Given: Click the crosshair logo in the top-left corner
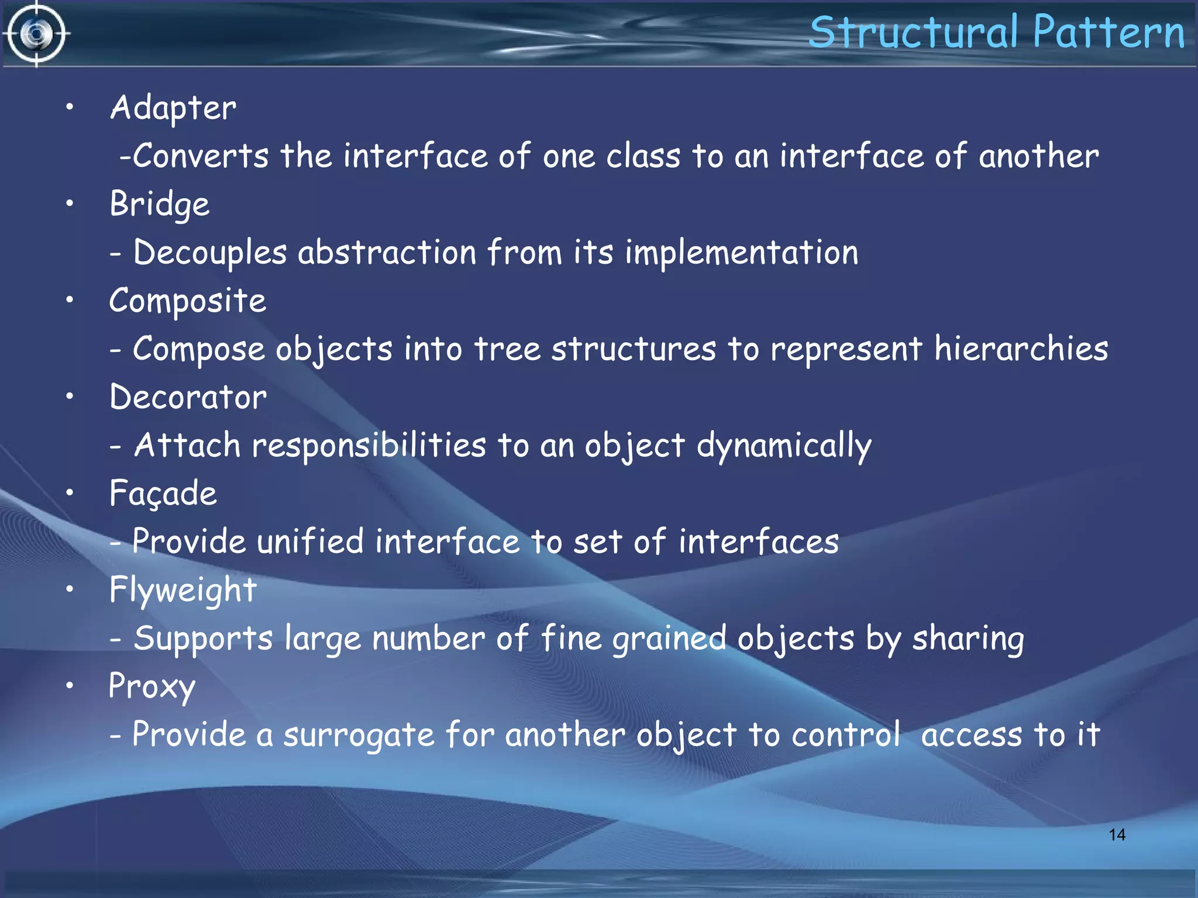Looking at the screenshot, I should [36, 34].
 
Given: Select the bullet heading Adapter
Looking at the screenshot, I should [173, 108].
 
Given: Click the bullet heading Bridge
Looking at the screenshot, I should [159, 205].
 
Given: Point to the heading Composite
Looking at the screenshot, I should [187, 301].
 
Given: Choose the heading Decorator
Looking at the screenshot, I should [188, 398].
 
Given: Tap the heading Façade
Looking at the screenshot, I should [163, 493].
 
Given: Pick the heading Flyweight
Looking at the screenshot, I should [183, 590].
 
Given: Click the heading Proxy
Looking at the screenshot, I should [152, 686].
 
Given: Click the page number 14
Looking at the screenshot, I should [1117, 834].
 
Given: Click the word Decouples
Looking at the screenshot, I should [210, 253].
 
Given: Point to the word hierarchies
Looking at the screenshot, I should [1021, 349].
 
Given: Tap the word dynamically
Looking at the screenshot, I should [784, 446].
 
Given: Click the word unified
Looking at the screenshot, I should [310, 541].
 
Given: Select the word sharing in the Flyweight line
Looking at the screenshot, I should [968, 638].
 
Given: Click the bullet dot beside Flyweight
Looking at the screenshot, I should [70, 589].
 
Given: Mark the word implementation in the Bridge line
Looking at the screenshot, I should [741, 253].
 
